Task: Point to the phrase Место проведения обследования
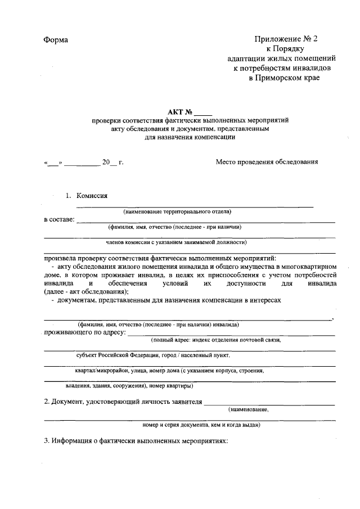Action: (267, 162)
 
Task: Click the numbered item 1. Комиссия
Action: (87, 196)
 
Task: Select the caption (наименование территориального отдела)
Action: (177, 211)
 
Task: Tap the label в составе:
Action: (59, 219)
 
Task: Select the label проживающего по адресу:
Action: (85, 332)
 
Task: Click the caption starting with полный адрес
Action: (215, 340)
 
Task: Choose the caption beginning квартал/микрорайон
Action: (169, 371)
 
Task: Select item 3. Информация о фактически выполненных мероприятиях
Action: (136, 441)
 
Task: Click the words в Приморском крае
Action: (283, 78)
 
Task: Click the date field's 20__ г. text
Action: (112, 163)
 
